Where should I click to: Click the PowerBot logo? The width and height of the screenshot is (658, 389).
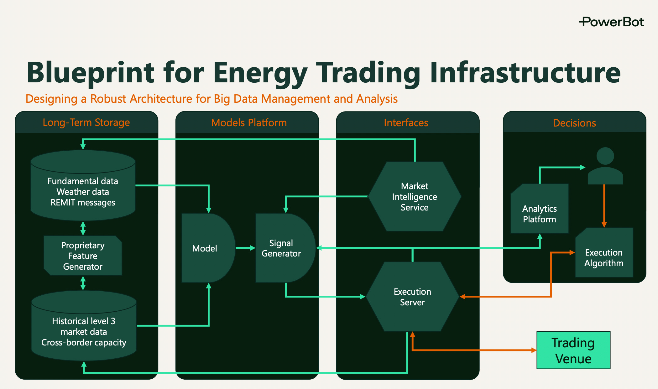point(611,22)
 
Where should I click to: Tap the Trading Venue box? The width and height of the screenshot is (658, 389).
point(573,350)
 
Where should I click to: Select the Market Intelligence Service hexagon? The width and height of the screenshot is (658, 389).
point(414,197)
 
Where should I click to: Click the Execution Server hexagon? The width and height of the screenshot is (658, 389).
point(412,297)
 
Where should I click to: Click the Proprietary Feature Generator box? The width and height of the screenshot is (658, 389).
point(83,256)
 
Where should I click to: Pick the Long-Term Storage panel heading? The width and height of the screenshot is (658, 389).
point(86,122)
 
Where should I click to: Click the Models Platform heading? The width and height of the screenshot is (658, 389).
point(249,123)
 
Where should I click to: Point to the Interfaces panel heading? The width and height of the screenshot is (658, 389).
point(406,123)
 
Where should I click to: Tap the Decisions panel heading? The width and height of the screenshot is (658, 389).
point(574,123)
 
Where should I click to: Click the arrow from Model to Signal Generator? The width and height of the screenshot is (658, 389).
point(245,248)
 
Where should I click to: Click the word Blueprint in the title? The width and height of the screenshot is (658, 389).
point(91,73)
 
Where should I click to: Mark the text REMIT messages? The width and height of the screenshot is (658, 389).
point(83,203)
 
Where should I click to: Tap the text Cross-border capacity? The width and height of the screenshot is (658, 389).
point(84,342)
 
